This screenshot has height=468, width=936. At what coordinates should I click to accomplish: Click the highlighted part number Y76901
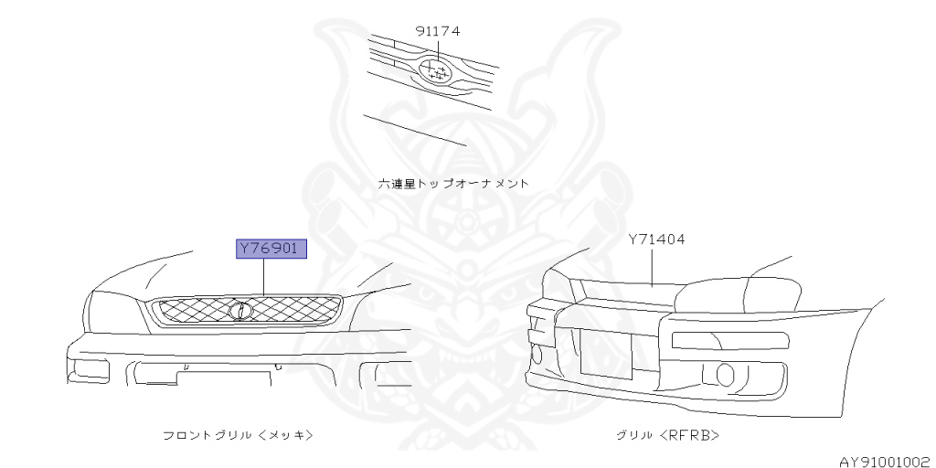point(271,249)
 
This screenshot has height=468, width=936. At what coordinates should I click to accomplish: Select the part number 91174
point(438,31)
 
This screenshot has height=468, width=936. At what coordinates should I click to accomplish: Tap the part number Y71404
point(656,239)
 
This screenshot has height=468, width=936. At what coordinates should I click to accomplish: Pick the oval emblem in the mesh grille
point(239,310)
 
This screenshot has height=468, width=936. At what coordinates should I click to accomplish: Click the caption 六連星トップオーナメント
point(454,183)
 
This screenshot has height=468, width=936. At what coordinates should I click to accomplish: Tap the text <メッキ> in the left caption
point(286,435)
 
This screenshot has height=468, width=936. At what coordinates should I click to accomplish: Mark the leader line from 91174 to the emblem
point(438,50)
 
